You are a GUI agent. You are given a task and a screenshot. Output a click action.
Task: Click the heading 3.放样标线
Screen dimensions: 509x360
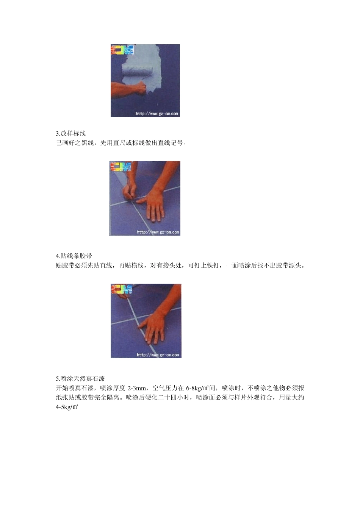(71, 133)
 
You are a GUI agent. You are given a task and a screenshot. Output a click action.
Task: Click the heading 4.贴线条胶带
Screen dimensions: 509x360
(74, 256)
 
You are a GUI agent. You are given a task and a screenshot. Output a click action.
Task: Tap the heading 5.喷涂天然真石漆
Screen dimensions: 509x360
(80, 378)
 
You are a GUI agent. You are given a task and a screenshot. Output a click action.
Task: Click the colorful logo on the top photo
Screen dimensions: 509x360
(122, 50)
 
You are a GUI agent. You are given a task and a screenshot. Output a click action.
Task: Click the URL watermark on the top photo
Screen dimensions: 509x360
(157, 113)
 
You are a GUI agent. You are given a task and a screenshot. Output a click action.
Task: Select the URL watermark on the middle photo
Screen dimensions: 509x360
(158, 232)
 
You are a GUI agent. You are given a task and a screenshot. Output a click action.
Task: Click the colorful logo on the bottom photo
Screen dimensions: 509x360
(122, 289)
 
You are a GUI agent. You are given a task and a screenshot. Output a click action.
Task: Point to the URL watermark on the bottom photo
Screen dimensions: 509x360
(158, 355)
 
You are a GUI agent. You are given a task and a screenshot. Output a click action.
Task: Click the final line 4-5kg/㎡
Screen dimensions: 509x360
(67, 407)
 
